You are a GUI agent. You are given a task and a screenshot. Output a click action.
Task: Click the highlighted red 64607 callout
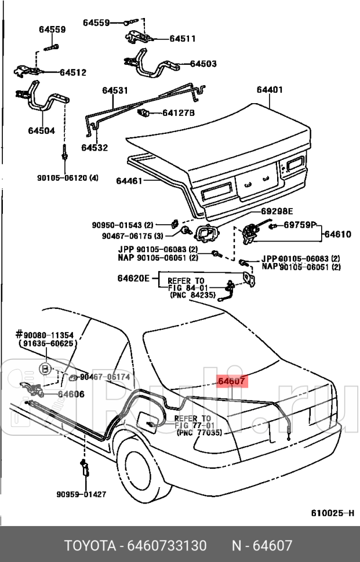[232, 382]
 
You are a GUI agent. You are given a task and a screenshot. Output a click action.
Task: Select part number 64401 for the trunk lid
[270, 90]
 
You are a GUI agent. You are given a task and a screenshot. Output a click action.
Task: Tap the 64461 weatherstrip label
[129, 181]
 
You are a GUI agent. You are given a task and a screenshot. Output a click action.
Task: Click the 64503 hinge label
[203, 64]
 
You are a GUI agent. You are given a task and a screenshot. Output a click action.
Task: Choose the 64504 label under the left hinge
[41, 131]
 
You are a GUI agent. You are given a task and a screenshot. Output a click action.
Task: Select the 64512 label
[73, 72]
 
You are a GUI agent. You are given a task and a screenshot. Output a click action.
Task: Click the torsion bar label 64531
[115, 90]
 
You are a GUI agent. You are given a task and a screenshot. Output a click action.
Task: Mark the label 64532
[94, 148]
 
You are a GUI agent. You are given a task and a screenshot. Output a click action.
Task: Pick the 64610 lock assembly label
[337, 235]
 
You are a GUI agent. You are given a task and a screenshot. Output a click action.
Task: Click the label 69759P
[300, 225]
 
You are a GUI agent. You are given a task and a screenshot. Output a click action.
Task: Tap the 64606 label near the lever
[71, 394]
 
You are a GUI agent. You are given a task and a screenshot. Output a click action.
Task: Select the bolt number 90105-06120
[65, 178]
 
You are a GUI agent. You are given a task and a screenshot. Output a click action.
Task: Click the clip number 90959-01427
[81, 494]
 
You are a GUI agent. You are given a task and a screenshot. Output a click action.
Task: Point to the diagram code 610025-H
[332, 513]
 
